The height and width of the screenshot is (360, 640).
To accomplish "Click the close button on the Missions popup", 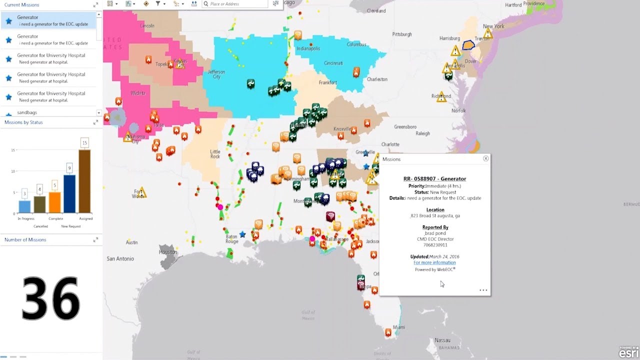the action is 485,158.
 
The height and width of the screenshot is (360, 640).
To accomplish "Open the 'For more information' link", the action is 434,262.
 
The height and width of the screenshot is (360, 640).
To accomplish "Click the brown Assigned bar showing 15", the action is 84,181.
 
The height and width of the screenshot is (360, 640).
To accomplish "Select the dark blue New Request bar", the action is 69,193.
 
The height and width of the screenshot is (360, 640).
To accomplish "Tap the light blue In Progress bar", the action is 24,206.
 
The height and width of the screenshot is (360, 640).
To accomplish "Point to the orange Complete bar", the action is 54,202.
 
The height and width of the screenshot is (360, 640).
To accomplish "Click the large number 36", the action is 50,299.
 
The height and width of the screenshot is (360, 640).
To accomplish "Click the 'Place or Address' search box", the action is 239,4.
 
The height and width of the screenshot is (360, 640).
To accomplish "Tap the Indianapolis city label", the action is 308,48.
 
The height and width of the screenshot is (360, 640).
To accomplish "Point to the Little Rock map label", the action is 215,154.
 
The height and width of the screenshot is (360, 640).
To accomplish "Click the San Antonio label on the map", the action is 120,259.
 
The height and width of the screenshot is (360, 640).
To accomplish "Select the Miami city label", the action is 399,327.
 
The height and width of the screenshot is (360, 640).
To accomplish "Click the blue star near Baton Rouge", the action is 242,234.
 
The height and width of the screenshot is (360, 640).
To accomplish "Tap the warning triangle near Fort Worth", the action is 142,192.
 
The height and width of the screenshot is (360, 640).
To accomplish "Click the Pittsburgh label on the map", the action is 402,34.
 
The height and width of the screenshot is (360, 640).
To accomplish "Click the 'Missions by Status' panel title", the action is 23,122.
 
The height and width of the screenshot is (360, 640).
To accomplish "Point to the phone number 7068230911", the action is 435,245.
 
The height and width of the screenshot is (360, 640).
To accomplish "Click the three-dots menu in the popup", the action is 483,290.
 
